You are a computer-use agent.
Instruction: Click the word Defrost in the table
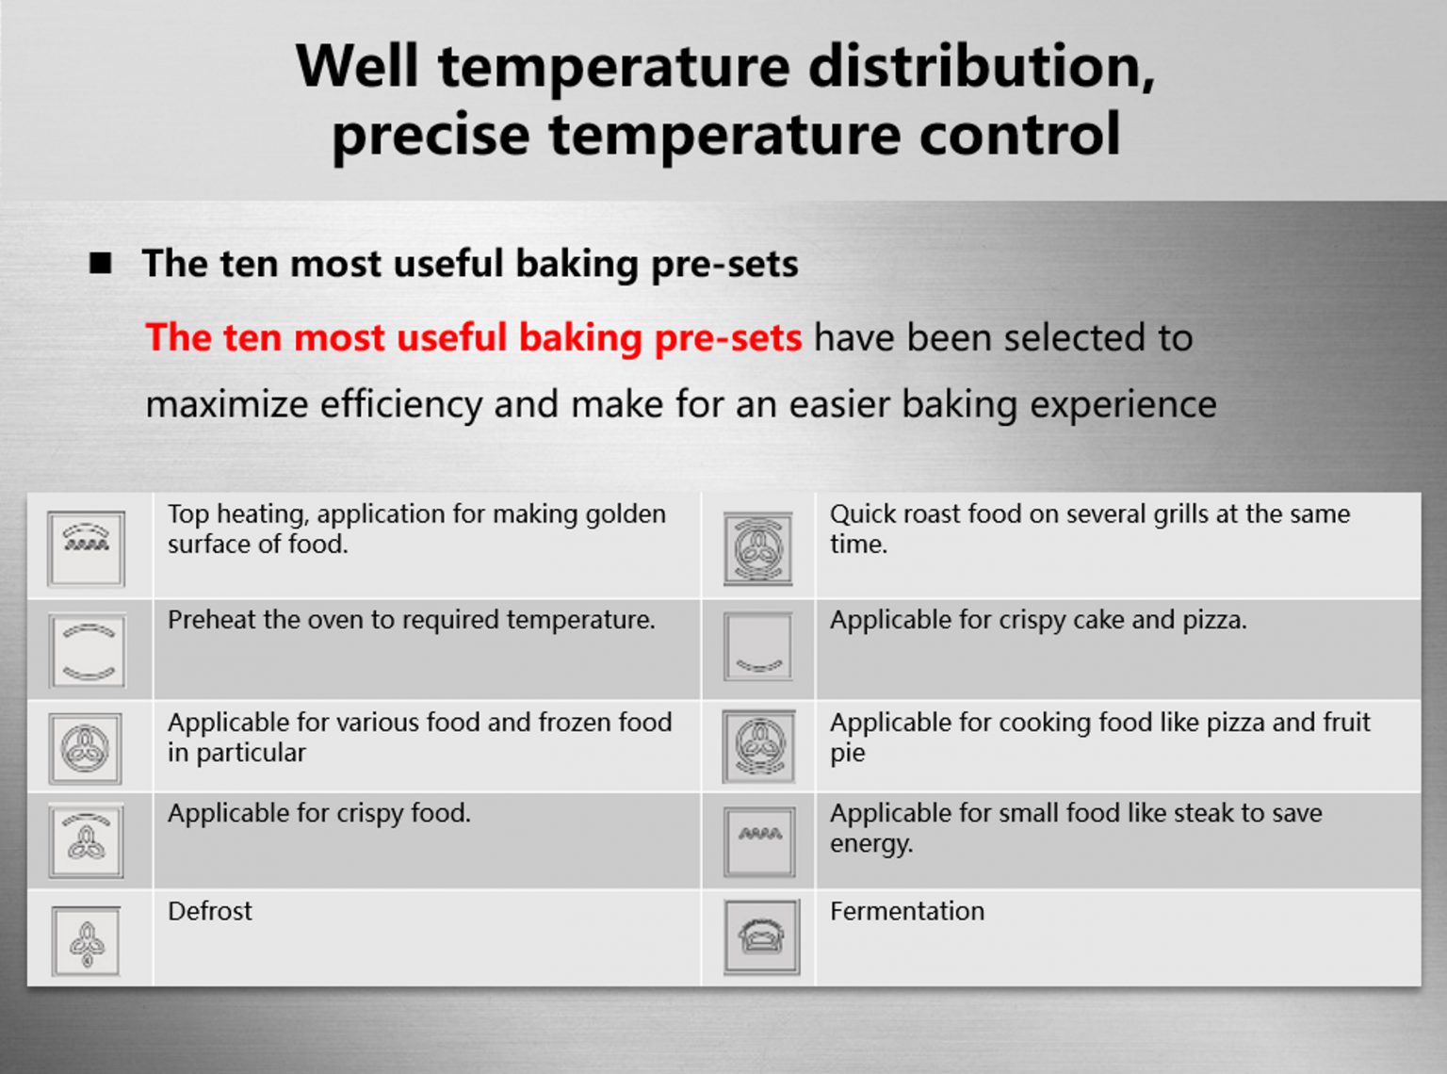tap(209, 911)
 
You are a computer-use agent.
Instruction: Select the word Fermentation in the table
tap(907, 911)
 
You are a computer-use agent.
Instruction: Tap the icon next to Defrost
tap(86, 941)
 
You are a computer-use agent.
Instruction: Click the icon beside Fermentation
tap(761, 937)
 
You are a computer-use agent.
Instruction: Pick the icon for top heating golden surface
tap(86, 548)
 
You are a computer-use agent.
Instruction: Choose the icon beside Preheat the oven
tap(88, 650)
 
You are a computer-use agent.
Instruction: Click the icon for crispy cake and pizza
tap(758, 646)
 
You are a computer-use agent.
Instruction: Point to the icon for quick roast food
tap(758, 548)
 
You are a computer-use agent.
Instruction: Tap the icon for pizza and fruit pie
tap(758, 746)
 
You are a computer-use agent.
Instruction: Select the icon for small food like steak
tap(759, 841)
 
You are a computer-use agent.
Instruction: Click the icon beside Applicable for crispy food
tap(86, 841)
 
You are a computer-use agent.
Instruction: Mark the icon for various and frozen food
tap(86, 748)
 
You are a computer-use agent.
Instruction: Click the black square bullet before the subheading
tap(101, 263)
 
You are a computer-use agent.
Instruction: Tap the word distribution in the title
tap(982, 67)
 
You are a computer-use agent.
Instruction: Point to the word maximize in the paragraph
tap(226, 404)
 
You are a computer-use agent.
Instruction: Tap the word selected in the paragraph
tap(1075, 338)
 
